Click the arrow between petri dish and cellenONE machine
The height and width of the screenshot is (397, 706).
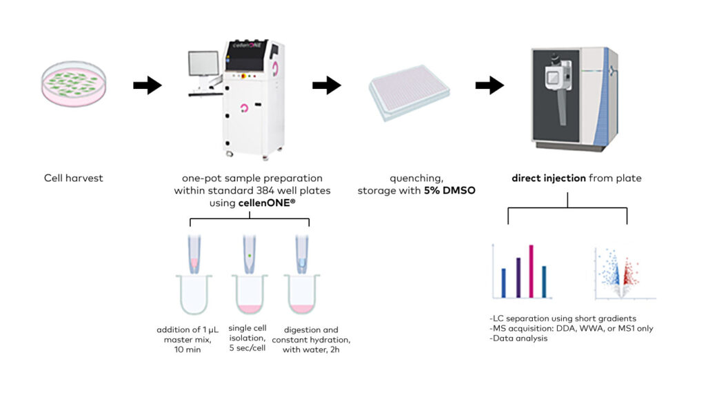click(147, 85)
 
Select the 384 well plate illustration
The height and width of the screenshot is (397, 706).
click(409, 91)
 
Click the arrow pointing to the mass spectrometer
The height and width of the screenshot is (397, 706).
click(489, 85)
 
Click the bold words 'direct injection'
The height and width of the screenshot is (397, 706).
click(548, 179)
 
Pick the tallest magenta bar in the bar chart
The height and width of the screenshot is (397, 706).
click(531, 271)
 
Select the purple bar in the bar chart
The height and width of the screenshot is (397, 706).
click(517, 277)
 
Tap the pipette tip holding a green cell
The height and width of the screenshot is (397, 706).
click(249, 254)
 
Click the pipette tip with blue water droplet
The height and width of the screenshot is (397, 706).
click(301, 254)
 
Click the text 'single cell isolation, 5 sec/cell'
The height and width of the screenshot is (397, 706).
click(249, 338)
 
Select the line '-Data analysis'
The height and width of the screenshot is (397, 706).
click(517, 338)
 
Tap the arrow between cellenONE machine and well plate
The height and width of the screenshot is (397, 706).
click(326, 85)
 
